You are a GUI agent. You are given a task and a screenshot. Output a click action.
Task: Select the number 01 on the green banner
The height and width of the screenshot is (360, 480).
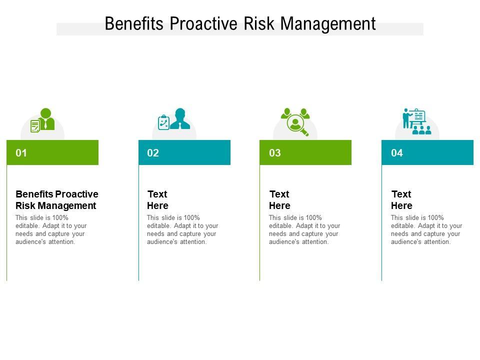point(21,153)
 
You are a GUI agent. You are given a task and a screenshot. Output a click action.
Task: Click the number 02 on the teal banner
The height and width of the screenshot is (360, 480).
point(153,153)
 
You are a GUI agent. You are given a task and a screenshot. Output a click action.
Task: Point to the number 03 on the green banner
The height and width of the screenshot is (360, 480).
point(275,153)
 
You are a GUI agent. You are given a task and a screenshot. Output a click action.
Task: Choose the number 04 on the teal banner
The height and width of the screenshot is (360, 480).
point(397,153)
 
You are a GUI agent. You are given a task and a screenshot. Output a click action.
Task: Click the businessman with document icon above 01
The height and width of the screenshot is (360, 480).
point(43,120)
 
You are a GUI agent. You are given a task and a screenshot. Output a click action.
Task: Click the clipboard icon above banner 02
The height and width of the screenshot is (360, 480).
point(163,122)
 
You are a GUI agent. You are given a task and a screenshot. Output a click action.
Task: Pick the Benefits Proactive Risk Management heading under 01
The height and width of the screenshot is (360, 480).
point(56,199)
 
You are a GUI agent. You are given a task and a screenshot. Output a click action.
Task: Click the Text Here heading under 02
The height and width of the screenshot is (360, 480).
point(157,199)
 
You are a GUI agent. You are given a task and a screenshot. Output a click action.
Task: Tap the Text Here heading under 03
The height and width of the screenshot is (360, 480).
point(279,199)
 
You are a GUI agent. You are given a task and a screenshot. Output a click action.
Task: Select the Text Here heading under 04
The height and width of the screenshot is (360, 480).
point(401,199)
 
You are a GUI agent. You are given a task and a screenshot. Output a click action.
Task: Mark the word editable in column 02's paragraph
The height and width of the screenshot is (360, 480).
point(158,226)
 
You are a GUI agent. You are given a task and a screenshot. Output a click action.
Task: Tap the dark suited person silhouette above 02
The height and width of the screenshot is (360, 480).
point(180,119)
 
